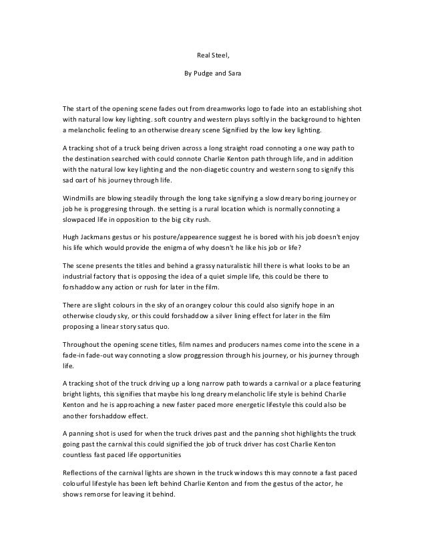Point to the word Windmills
pos(79,199)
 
